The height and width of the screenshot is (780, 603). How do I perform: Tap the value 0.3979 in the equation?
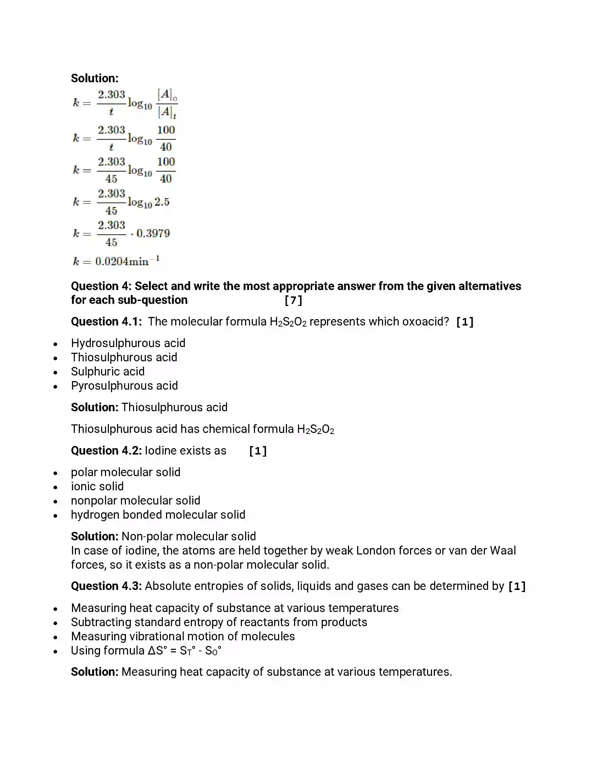tap(153, 234)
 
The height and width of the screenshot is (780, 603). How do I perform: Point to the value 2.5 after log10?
tap(162, 202)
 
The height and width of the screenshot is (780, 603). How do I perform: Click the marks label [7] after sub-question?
tap(293, 300)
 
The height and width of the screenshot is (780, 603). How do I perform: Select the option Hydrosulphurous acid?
tap(128, 343)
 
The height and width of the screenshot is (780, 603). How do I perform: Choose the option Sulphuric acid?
tap(107, 372)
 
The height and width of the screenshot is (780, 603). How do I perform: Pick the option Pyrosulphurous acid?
tap(124, 386)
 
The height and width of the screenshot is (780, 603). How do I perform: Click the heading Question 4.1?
tap(106, 322)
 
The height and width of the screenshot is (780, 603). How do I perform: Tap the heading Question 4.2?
tap(106, 451)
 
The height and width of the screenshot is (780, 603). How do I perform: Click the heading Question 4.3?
tap(106, 586)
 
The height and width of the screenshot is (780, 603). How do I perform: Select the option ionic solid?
tap(97, 486)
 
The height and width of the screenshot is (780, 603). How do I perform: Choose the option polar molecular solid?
tap(125, 472)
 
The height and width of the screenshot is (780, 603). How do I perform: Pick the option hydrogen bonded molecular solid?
tap(158, 515)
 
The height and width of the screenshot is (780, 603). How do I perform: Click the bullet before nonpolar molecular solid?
tap(55, 501)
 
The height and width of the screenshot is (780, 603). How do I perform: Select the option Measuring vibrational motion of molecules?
tap(183, 636)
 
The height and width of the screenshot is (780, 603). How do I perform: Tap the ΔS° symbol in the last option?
tap(157, 650)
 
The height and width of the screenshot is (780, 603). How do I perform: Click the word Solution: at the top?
tap(95, 78)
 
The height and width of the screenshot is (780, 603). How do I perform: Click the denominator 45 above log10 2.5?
tap(111, 210)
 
